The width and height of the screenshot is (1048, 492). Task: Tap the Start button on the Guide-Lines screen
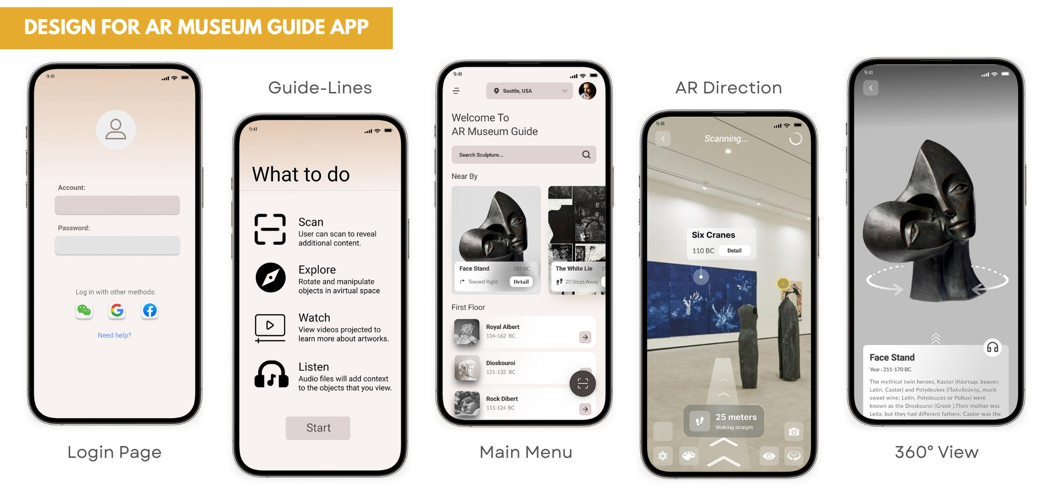click(x=318, y=428)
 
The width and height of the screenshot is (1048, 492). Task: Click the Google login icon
click(x=117, y=310)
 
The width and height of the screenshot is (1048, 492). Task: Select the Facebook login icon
click(x=150, y=310)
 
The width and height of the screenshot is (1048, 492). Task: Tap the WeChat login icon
click(x=84, y=310)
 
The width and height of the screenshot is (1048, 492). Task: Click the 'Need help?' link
click(x=114, y=335)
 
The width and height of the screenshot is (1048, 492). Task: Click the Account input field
click(x=117, y=205)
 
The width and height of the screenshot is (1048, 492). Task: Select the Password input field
click(x=117, y=246)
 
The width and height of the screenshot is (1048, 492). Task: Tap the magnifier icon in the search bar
click(x=586, y=155)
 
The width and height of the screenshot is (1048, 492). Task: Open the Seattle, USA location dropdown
click(x=529, y=91)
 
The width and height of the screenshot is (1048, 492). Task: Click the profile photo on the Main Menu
click(x=587, y=91)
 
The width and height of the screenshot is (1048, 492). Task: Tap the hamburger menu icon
click(x=456, y=91)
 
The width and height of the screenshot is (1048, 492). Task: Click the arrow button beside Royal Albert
click(x=585, y=337)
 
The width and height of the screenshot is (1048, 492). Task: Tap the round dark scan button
click(x=583, y=384)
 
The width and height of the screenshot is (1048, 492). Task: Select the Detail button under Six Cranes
click(x=734, y=251)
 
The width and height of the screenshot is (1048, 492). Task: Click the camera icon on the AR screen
click(x=794, y=431)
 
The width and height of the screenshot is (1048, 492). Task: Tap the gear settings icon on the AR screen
click(x=663, y=456)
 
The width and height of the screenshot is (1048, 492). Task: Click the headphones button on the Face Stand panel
click(x=992, y=348)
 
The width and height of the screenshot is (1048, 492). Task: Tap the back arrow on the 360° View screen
click(x=871, y=88)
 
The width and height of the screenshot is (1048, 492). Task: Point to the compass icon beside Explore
click(x=271, y=277)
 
